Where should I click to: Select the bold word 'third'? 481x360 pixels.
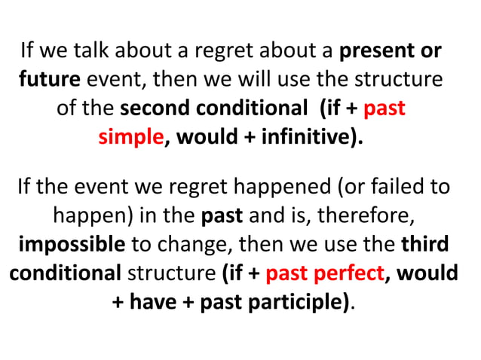(x=424, y=245)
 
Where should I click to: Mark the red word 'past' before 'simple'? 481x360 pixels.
(x=384, y=108)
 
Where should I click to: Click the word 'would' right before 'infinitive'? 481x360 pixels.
(x=206, y=137)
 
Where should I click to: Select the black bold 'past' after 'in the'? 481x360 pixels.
(x=222, y=215)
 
